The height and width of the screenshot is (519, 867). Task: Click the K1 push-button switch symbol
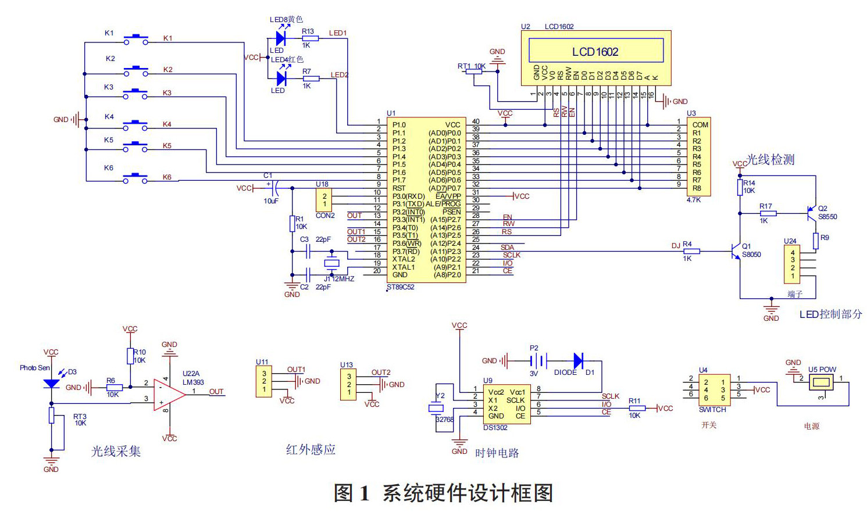tap(136, 40)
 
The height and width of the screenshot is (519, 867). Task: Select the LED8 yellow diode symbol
tap(281, 38)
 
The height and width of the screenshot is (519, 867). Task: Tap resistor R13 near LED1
tap(310, 38)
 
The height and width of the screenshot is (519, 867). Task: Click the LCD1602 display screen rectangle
tap(595, 51)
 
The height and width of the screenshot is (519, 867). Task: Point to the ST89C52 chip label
tap(401, 287)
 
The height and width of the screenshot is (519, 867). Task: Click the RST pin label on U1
tap(399, 188)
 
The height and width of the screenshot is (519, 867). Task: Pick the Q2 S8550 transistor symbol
tap(812, 213)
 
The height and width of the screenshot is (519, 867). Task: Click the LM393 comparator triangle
tap(169, 395)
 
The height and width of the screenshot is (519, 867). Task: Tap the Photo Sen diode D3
tap(52, 384)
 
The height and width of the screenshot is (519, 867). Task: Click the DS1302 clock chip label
tap(495, 428)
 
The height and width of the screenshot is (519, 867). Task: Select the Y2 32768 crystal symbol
tap(436, 408)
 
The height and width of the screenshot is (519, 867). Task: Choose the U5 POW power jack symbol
tap(821, 382)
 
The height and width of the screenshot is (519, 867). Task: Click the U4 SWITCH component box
tap(714, 390)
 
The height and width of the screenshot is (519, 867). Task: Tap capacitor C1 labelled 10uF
tap(276, 188)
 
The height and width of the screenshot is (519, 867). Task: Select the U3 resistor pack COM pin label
tap(700, 125)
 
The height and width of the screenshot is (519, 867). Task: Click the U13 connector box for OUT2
tap(349, 385)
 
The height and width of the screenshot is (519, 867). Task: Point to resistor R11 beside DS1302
tap(636, 409)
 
